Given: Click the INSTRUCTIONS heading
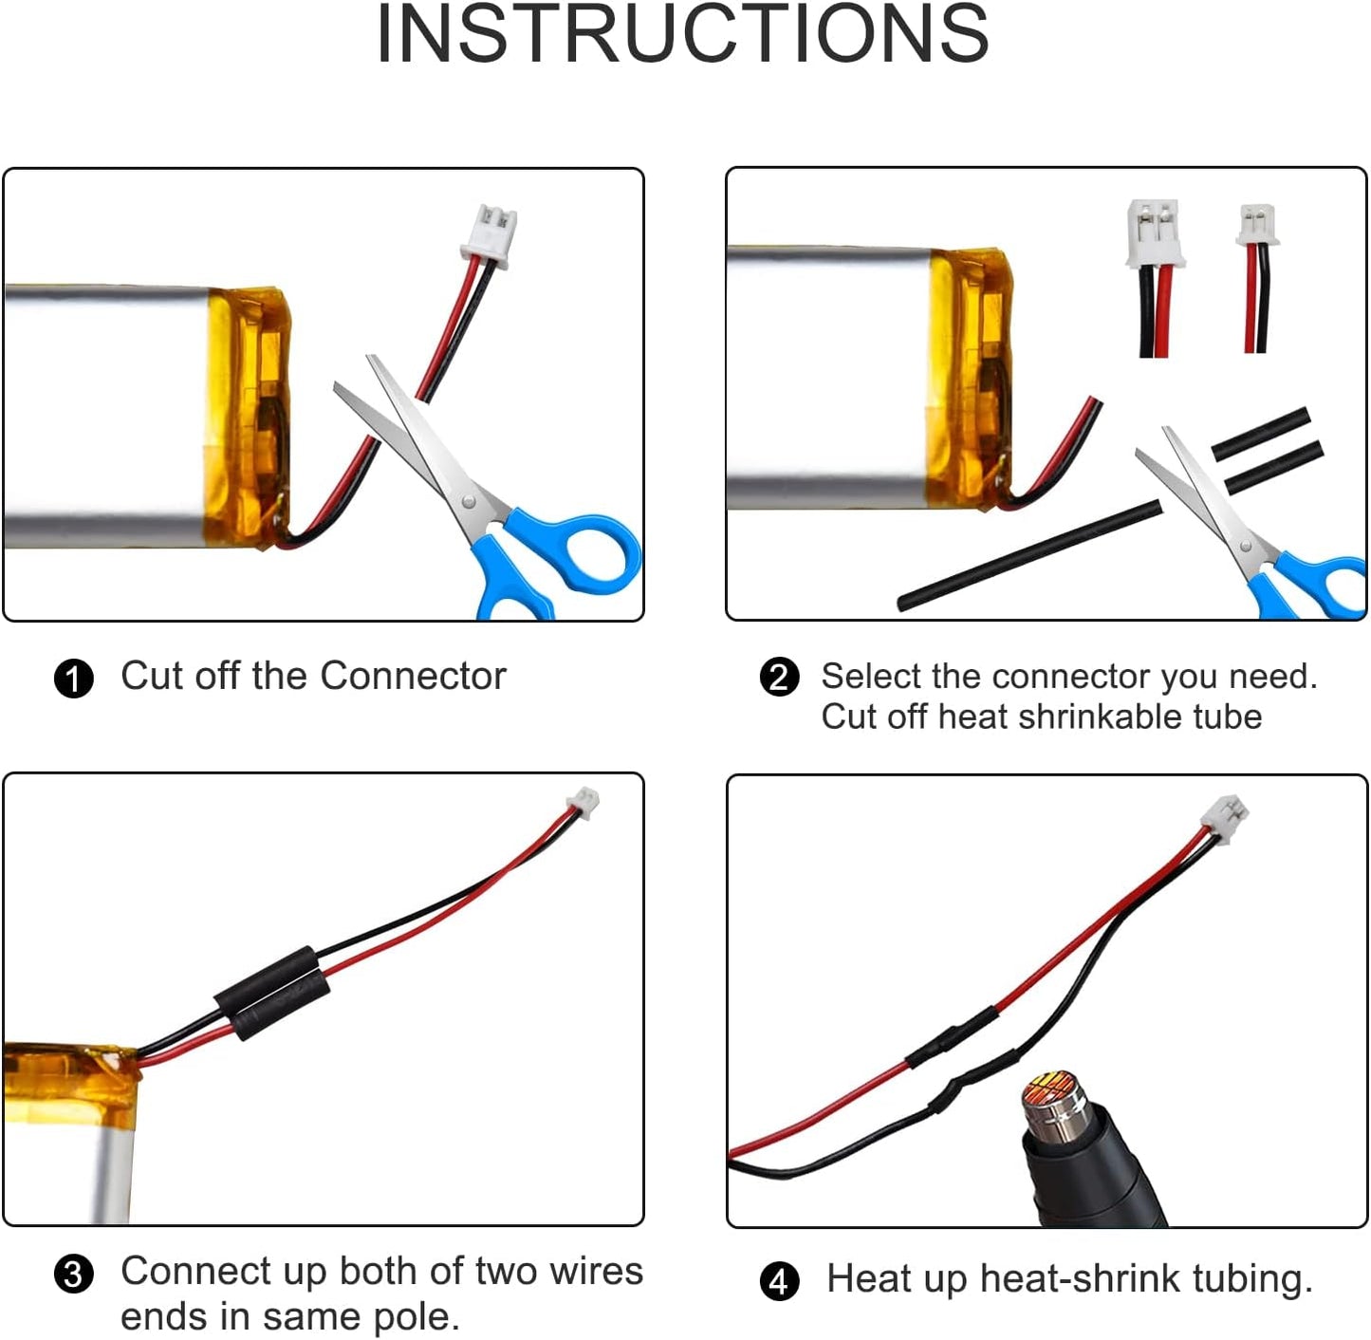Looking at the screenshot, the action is click(x=683, y=34).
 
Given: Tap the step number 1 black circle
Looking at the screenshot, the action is click(x=74, y=679).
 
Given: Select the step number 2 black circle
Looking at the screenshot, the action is click(x=780, y=677).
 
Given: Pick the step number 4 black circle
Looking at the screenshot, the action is click(x=780, y=1281).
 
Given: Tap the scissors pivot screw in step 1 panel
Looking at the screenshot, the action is click(x=468, y=502).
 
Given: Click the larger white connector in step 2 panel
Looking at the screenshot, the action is click(x=1155, y=233).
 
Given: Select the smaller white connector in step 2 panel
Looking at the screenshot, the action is click(x=1257, y=225).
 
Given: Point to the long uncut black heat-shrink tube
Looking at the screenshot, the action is click(x=1029, y=555).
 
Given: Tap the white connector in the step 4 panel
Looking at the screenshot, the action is click(x=1225, y=816).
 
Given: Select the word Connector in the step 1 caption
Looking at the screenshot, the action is click(x=413, y=677).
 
